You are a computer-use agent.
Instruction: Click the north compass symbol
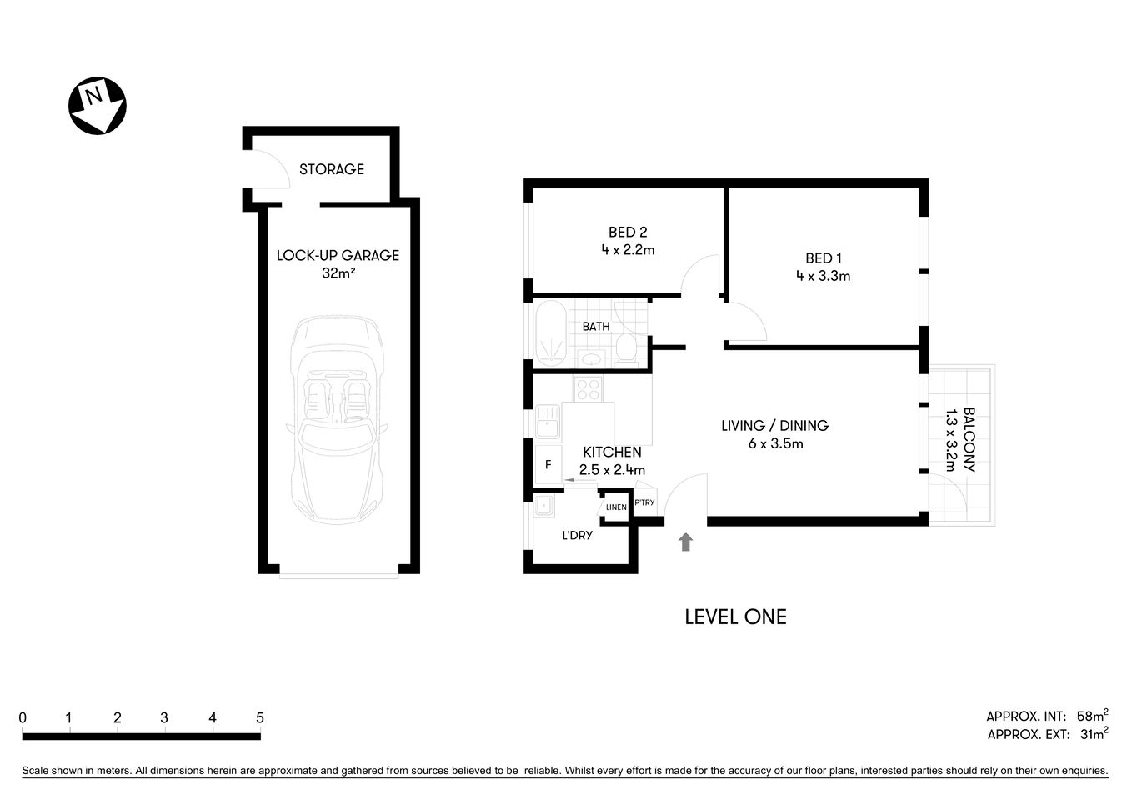[x=97, y=106]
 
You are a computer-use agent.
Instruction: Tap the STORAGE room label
[x=332, y=169]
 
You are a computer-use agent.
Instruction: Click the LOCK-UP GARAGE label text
[x=338, y=255]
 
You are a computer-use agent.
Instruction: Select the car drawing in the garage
[x=337, y=419]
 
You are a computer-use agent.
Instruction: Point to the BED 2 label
[x=627, y=232]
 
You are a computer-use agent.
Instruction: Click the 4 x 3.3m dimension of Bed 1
[x=823, y=276]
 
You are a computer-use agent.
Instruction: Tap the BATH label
[x=595, y=327]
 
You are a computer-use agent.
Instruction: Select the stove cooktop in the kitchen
[x=588, y=388]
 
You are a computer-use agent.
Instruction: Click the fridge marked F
[x=548, y=465]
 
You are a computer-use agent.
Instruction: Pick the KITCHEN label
[x=612, y=452]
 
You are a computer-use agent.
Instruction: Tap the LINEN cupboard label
[x=616, y=507]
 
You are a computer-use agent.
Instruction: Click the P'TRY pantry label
[x=644, y=502]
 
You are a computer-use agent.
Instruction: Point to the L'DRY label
[x=577, y=535]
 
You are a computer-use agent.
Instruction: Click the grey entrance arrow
[x=685, y=542]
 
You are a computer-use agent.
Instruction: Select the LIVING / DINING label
[x=774, y=426]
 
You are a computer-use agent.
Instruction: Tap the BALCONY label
[x=969, y=439]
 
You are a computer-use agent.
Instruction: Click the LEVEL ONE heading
[x=735, y=617]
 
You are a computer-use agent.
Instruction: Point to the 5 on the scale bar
[x=260, y=717]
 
